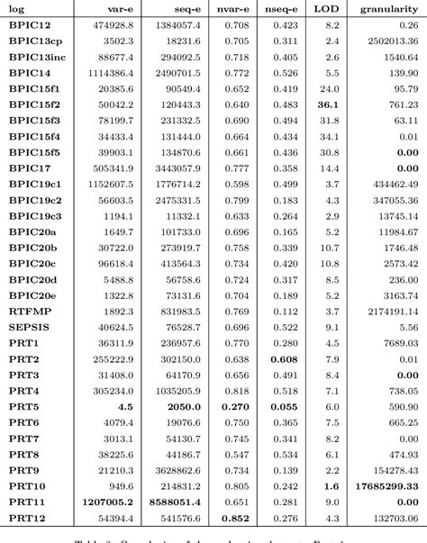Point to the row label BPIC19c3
35,215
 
